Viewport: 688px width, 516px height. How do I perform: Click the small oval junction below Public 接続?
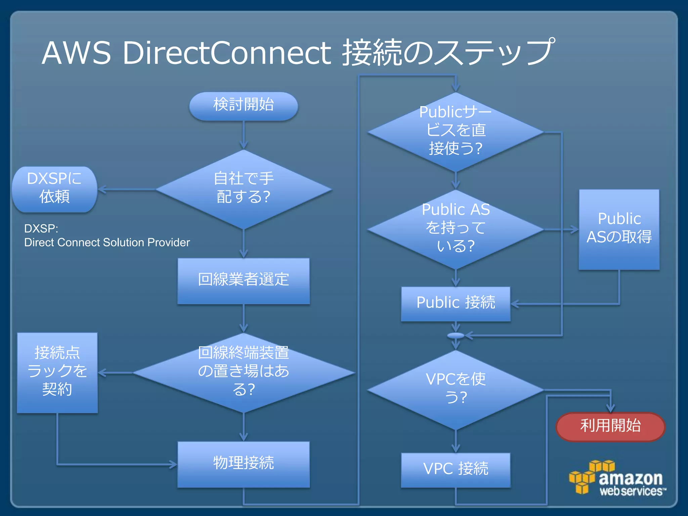(x=456, y=336)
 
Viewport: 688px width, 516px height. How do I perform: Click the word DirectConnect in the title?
(x=227, y=53)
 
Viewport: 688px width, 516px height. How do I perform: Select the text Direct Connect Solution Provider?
(x=107, y=242)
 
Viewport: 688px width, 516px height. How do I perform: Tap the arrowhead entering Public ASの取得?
(x=574, y=229)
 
